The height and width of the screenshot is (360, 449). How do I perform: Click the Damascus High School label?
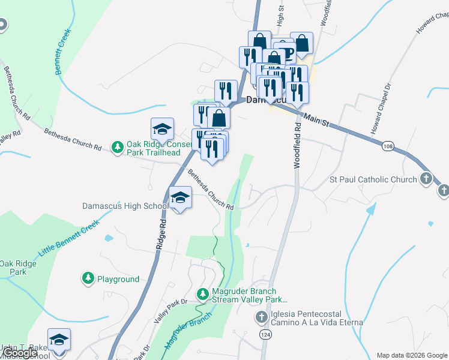click(x=125, y=206)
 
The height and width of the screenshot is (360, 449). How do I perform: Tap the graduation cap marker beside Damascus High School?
click(x=180, y=198)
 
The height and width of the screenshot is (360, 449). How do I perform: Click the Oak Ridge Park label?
click(x=13, y=268)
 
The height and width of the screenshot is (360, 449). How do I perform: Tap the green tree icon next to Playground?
click(x=88, y=278)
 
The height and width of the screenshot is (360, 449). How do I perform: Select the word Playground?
click(x=118, y=279)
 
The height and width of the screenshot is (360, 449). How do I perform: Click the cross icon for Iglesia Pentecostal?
click(x=262, y=317)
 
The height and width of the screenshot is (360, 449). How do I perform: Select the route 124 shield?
click(x=266, y=333)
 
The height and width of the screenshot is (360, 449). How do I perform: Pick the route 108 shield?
click(x=387, y=146)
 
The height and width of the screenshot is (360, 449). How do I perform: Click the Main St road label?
click(x=316, y=121)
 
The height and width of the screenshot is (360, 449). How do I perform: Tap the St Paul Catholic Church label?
click(x=373, y=179)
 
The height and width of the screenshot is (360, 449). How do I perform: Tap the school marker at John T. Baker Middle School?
click(x=59, y=340)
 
